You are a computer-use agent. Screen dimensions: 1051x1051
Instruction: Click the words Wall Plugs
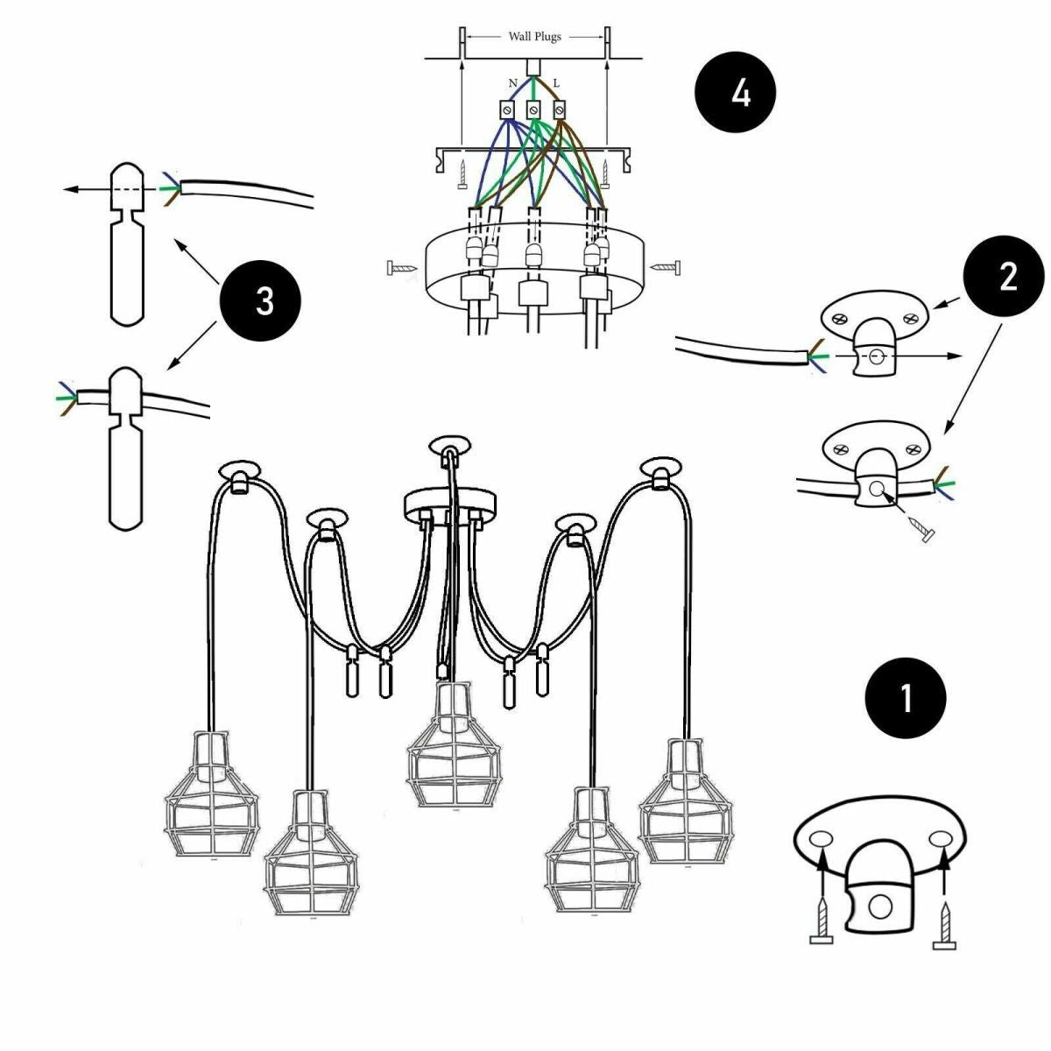click(x=534, y=37)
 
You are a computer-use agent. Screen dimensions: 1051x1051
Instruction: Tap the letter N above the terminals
click(x=512, y=83)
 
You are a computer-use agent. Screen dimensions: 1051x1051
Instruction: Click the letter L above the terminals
click(x=556, y=83)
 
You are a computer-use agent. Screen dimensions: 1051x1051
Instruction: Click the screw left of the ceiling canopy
click(x=399, y=267)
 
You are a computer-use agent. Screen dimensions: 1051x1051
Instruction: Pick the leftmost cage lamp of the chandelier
click(x=213, y=795)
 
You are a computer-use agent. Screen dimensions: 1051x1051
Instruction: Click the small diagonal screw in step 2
click(x=921, y=529)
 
